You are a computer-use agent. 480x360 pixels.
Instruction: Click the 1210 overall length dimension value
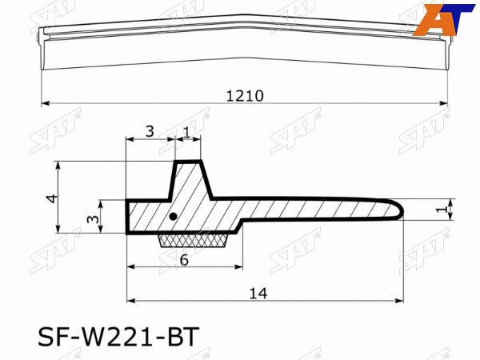click(x=245, y=96)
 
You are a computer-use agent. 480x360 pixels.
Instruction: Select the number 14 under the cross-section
click(x=258, y=294)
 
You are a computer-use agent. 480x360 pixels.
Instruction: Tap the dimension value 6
click(x=184, y=260)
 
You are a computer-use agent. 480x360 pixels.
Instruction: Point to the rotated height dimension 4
click(x=52, y=198)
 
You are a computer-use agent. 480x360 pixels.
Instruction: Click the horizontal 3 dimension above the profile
click(x=150, y=132)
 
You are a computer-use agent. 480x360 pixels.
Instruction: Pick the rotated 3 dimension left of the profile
click(x=93, y=219)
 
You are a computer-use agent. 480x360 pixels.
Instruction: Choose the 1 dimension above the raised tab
click(x=187, y=132)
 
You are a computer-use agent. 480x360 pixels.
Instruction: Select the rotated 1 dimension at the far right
click(x=441, y=210)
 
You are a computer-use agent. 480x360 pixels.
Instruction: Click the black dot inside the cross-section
click(x=174, y=217)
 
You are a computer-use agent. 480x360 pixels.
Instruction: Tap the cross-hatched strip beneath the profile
click(x=193, y=241)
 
